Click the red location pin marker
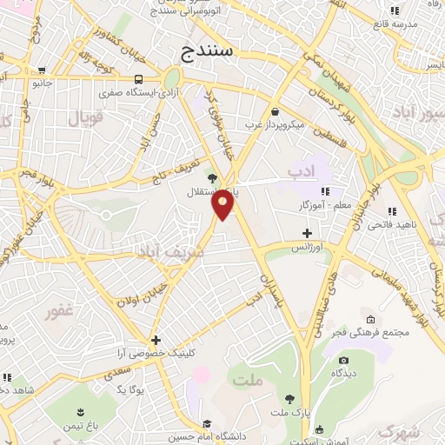click(x=223, y=204)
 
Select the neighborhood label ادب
click(x=299, y=170)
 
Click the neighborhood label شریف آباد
click(x=170, y=252)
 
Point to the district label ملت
click(x=248, y=380)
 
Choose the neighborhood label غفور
click(x=60, y=311)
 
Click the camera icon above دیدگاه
click(x=343, y=360)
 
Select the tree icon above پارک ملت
click(x=289, y=400)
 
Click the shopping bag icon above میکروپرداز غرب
click(x=276, y=111)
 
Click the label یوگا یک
click(x=130, y=389)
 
